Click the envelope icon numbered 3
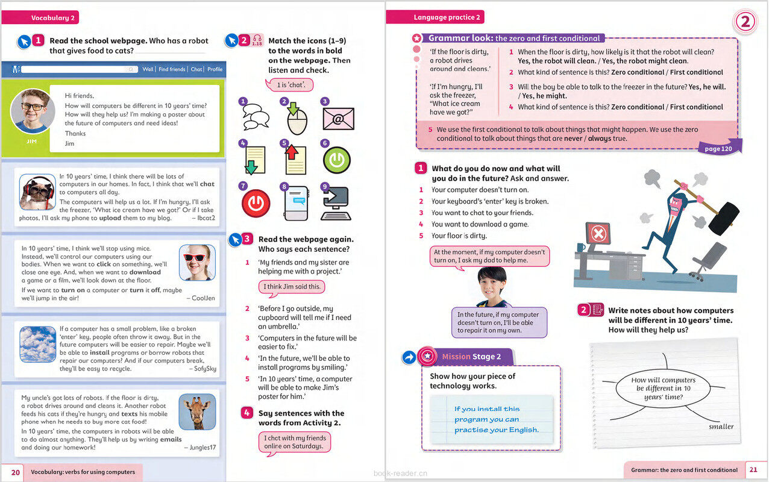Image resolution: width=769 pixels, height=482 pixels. (338, 119)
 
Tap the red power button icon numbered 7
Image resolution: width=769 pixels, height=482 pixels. (256, 202)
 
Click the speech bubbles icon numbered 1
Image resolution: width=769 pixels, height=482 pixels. (256, 117)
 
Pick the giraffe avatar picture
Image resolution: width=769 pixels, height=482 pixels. (197, 412)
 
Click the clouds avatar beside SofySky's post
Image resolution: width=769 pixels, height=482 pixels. (37, 343)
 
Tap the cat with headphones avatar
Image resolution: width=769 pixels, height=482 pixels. (37, 192)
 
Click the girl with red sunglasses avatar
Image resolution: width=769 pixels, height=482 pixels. (197, 262)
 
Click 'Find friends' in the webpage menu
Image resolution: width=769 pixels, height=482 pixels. (172, 69)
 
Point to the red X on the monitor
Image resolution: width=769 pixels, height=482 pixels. (597, 233)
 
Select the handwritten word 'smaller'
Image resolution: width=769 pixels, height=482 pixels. (721, 427)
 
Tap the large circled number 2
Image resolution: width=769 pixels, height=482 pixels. (745, 22)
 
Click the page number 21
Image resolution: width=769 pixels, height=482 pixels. (753, 470)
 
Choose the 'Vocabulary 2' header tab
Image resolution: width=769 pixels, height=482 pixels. (53, 17)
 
